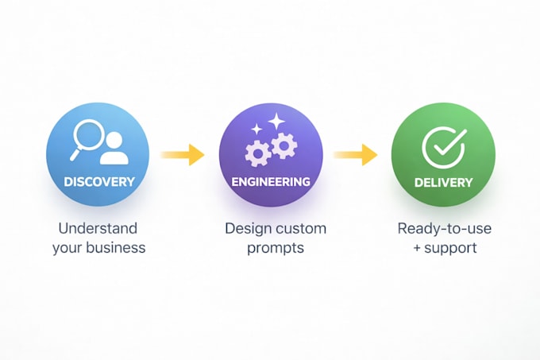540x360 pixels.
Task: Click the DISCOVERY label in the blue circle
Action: [99, 182]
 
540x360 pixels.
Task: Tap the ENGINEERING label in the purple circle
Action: [271, 182]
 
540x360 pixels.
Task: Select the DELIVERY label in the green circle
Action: [444, 182]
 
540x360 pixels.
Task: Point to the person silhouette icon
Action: [114, 149]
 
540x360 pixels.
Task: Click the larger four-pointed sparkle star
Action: [276, 122]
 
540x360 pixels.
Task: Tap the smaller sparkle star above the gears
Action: [256, 130]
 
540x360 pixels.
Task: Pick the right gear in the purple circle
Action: [284, 145]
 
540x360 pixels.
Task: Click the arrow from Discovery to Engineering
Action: [183, 155]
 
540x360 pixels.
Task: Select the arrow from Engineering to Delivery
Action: [356, 155]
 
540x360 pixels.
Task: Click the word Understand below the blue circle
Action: [98, 228]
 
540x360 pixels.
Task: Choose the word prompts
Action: [276, 249]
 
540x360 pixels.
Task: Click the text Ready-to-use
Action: [444, 229]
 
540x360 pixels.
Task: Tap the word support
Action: [450, 249]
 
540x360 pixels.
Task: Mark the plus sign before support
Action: [417, 248]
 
